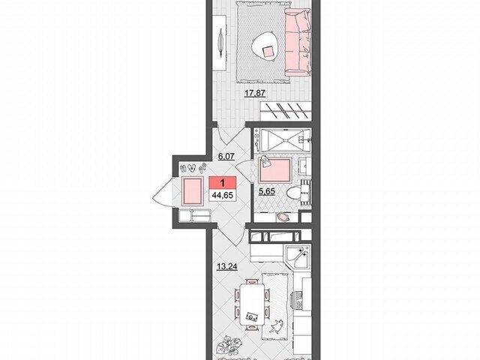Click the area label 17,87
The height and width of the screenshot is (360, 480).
pos(255,93)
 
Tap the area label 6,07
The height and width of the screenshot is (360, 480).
pos(226,157)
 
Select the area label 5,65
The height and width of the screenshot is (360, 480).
pos(267,192)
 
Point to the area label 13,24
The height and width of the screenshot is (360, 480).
pos(227,267)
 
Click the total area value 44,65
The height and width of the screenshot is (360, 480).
pos(223,195)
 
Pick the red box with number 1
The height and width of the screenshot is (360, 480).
pos(223,182)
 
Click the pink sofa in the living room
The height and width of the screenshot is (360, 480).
pos(298,43)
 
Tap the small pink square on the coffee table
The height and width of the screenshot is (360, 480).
pos(268,52)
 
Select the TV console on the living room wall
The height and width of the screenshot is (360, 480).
pos(220,43)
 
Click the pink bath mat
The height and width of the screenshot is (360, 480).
pos(275,170)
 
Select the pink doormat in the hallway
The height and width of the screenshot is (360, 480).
pos(192,192)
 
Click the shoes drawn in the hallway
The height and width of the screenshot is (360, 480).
pos(193,168)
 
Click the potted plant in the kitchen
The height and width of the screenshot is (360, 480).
pos(227,345)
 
